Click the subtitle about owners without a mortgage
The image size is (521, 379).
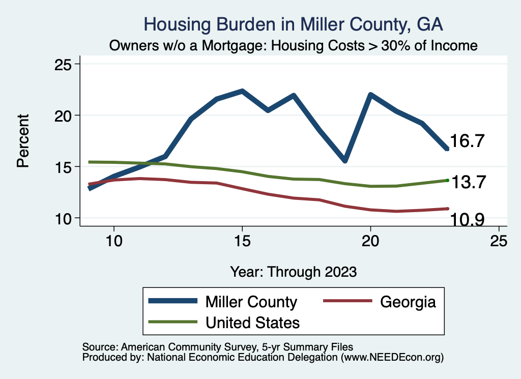click(x=294, y=45)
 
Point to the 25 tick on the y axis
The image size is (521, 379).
click(x=64, y=65)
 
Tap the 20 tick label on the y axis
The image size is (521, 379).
click(x=64, y=115)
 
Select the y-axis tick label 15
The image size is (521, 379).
click(x=64, y=167)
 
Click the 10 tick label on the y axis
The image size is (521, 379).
click(x=64, y=218)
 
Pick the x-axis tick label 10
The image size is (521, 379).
click(x=113, y=241)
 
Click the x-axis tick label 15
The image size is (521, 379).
click(x=242, y=241)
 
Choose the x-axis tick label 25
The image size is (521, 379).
click(x=499, y=241)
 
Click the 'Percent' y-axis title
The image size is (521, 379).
click(x=22, y=141)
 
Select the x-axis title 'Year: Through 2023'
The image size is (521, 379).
click(x=293, y=271)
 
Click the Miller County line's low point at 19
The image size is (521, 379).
click(x=345, y=160)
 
